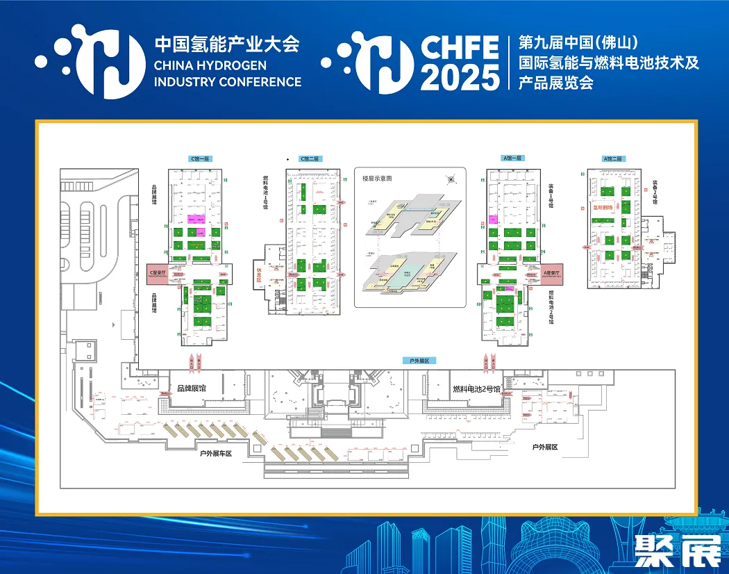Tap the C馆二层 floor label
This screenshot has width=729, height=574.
(x=310, y=158)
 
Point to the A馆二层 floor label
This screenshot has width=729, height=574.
(x=614, y=158)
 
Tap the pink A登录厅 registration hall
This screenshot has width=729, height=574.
(x=555, y=273)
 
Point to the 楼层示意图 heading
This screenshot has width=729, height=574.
(x=377, y=179)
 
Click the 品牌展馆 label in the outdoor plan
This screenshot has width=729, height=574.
(x=192, y=389)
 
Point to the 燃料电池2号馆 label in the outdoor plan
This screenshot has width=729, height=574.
(x=476, y=389)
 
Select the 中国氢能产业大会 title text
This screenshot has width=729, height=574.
(x=226, y=44)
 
